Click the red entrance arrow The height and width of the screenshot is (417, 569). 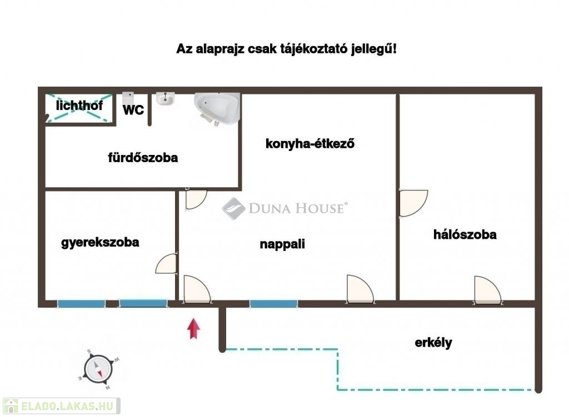[193, 329]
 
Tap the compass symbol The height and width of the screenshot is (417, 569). [98, 369]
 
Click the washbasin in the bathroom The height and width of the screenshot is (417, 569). [166, 99]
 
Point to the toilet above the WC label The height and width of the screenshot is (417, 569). [128, 98]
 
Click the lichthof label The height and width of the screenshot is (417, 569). [79, 105]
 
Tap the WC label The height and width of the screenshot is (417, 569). [133, 110]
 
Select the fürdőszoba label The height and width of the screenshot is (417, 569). [143, 157]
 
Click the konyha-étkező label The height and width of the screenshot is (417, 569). [310, 144]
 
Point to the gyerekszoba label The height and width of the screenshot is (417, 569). [100, 242]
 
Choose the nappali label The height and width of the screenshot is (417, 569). [282, 244]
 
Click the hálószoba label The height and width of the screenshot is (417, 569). [465, 235]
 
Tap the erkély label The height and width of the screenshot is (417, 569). [433, 343]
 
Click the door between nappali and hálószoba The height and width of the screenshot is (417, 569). [413, 203]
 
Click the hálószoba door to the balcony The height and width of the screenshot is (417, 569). [487, 290]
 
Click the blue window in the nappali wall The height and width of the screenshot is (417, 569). [273, 304]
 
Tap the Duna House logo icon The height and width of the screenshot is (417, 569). [234, 209]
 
